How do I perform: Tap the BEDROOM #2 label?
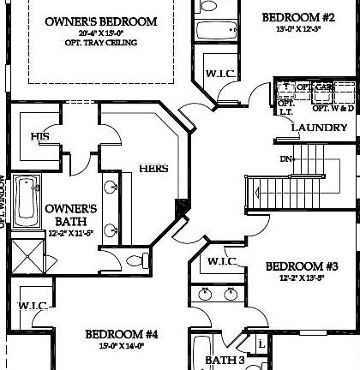tap(297, 15)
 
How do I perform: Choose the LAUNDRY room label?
tap(319, 128)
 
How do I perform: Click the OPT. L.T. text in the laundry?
tap(286, 106)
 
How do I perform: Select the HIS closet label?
tap(39, 136)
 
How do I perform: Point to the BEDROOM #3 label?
tap(301, 266)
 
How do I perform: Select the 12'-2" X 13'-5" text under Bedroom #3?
tap(300, 279)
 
